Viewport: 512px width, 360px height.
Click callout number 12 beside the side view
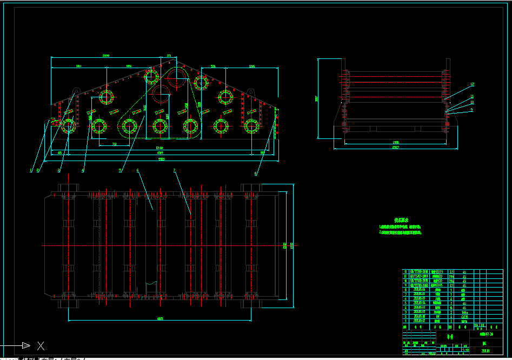pyautogui.click(x=472, y=84)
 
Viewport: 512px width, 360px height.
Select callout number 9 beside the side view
pyautogui.click(x=471, y=109)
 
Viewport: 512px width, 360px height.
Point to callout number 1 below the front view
pyautogui.click(x=31, y=170)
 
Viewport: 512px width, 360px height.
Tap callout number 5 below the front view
pyautogui.click(x=120, y=170)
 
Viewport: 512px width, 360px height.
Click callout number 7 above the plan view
pyautogui.click(x=174, y=170)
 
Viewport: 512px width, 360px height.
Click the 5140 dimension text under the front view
pyautogui.click(x=159, y=148)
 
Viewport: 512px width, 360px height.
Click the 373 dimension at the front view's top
pyautogui.click(x=168, y=56)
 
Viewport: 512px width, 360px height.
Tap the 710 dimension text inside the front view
pyautogui.click(x=114, y=145)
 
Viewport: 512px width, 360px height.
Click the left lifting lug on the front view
pyautogui.click(x=77, y=90)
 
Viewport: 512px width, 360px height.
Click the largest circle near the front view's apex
pyautogui.click(x=177, y=78)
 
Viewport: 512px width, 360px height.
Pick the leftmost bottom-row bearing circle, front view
pyautogui.click(x=69, y=126)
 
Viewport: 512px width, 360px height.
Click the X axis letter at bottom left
pyautogui.click(x=41, y=345)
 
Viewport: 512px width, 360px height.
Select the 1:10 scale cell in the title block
pyautogui.click(x=465, y=350)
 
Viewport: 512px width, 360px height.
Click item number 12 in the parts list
pyautogui.click(x=405, y=271)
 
